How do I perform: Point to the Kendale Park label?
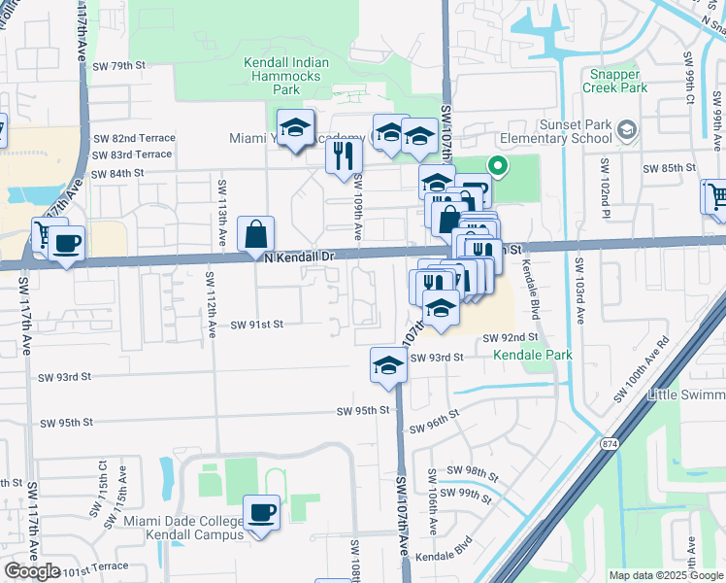point(533,355)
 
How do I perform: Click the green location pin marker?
point(498,166)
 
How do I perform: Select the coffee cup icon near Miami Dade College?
point(260,511)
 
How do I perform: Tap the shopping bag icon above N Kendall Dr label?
point(255,233)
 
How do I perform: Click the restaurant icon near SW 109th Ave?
point(343,154)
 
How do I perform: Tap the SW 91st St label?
point(256,325)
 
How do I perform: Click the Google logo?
point(31,571)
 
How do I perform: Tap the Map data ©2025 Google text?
point(666,575)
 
